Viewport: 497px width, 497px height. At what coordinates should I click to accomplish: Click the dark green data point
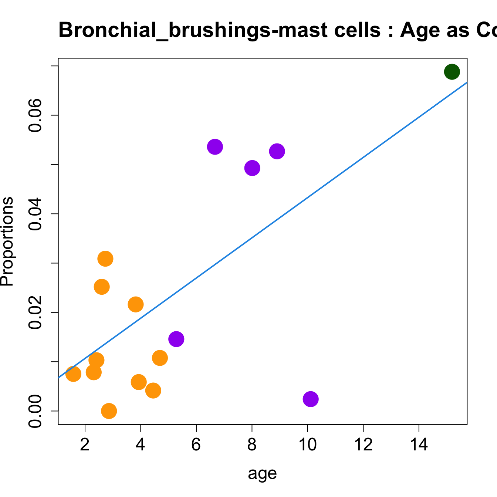tap(452, 71)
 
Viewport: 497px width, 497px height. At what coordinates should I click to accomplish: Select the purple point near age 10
tap(311, 399)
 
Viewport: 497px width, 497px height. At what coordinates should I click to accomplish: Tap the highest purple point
tap(215, 147)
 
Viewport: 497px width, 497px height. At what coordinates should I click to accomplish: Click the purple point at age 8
tap(252, 168)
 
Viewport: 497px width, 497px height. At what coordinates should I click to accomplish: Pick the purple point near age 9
tap(277, 151)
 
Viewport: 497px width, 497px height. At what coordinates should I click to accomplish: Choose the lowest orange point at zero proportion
tap(109, 411)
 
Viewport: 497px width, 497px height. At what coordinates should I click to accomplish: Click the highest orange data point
tap(105, 258)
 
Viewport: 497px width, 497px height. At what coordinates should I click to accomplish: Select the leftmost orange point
tap(73, 374)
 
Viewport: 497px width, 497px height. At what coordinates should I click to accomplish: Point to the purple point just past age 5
tap(176, 339)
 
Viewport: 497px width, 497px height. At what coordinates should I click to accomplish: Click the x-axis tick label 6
tap(196, 444)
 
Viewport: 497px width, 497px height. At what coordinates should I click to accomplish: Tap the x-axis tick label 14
tap(419, 444)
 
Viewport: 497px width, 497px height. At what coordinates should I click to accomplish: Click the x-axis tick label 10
tap(307, 444)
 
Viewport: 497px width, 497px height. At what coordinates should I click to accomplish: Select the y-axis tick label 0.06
tap(36, 115)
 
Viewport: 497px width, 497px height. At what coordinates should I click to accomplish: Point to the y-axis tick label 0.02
tap(36, 312)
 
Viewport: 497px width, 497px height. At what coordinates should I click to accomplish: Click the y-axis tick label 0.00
tap(36, 411)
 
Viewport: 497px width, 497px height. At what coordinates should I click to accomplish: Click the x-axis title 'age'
tap(262, 473)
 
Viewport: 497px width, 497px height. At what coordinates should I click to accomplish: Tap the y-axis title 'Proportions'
tap(7, 241)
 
